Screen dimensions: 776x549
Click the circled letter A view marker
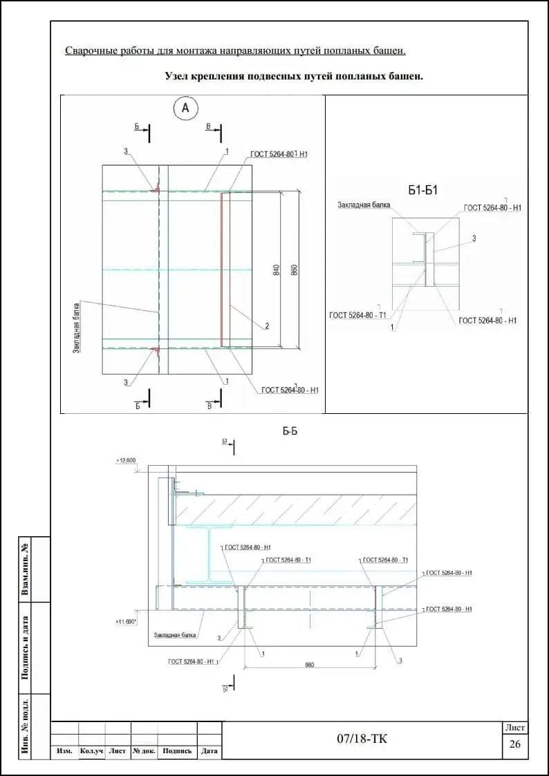coord(185,108)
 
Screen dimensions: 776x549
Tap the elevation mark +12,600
coord(127,460)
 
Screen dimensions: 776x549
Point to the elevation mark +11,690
coord(126,622)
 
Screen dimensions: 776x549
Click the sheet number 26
coord(514,744)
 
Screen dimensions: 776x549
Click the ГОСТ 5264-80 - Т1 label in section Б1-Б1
coord(357,315)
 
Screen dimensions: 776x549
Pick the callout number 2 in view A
coord(266,325)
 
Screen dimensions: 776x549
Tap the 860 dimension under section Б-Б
coord(309,665)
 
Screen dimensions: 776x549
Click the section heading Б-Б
coord(290,431)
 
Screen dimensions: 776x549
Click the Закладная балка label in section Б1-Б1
coord(364,205)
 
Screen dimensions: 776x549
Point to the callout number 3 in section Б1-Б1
coord(474,238)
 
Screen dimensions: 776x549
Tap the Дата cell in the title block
coord(209,751)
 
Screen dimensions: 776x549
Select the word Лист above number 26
coord(515,728)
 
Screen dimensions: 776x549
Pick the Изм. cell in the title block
coord(65,751)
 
